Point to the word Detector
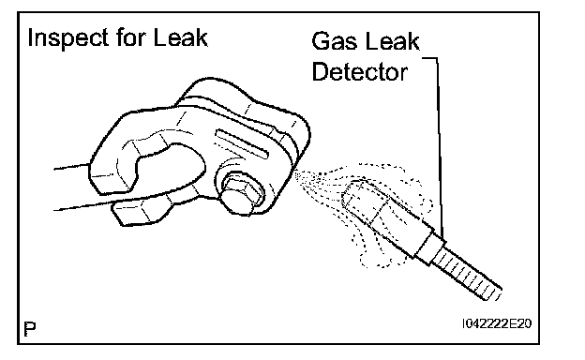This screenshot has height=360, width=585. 359,71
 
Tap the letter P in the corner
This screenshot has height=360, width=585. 30,329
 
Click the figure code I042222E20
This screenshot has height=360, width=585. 496,323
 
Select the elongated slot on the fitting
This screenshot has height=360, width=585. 241,144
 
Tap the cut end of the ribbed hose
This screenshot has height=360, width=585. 492,293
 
